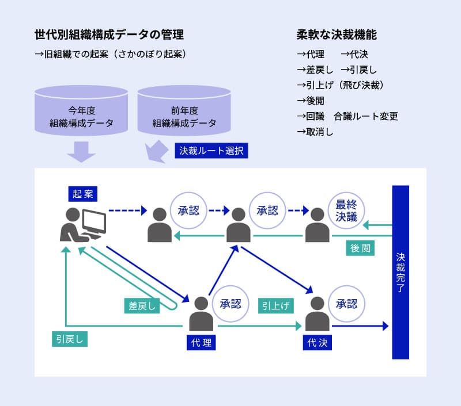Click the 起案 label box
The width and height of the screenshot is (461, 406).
82,194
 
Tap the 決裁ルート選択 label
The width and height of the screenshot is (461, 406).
211,151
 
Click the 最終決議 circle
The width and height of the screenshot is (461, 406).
346,210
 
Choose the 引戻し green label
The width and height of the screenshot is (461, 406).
69,339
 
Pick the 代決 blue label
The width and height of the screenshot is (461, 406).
317,343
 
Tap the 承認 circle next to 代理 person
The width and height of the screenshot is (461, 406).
231,303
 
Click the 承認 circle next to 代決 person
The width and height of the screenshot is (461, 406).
347,303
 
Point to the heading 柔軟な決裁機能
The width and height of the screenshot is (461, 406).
337,35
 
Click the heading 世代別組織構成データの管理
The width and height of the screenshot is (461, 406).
109,35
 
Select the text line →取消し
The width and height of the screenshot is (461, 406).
315,131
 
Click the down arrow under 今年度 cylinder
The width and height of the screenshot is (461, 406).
81,151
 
